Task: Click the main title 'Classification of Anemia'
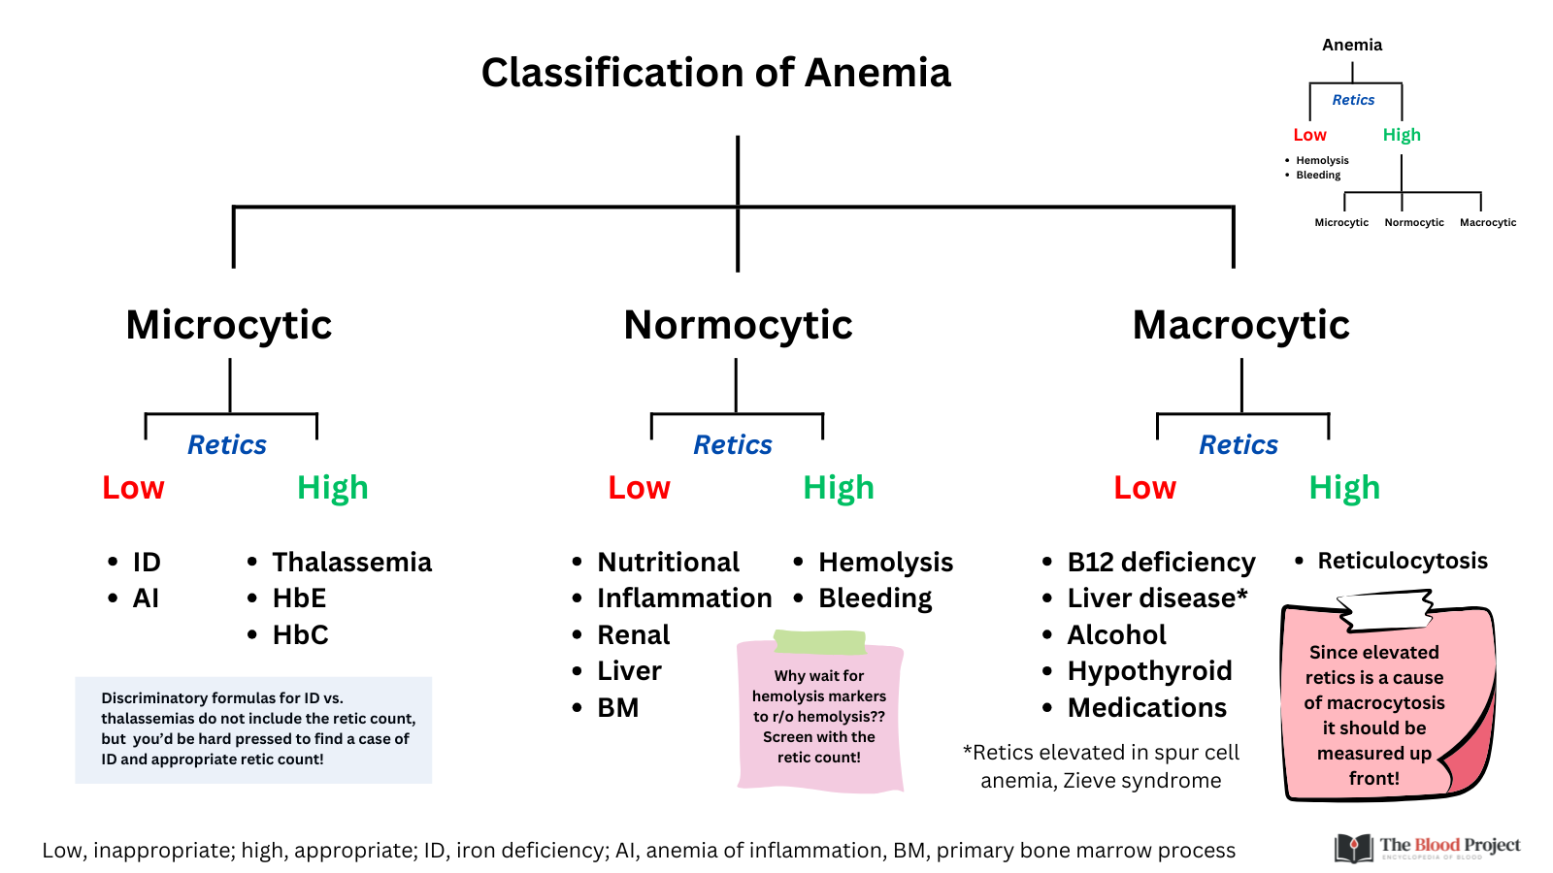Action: tap(715, 73)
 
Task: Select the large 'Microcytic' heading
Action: tap(229, 326)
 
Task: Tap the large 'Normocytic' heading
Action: tap(738, 326)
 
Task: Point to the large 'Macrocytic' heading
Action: tap(1241, 325)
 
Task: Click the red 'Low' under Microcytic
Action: tap(133, 488)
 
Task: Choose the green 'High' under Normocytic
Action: tap(839, 488)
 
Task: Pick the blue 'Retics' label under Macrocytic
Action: tap(1239, 445)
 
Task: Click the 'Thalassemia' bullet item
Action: tap(351, 562)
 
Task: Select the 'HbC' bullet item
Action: tap(300, 634)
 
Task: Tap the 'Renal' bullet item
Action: tap(634, 634)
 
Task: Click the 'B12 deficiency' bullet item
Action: tap(1161, 563)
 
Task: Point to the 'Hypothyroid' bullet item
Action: tap(1149, 670)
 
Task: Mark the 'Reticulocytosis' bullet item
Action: tap(1403, 561)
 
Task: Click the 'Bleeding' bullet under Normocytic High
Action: tap(875, 598)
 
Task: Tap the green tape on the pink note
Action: tap(819, 642)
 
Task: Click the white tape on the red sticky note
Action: tap(1385, 610)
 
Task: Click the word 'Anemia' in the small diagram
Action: tap(1352, 45)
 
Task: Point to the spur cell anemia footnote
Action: tap(1101, 766)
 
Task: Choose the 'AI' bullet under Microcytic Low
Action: tap(146, 598)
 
